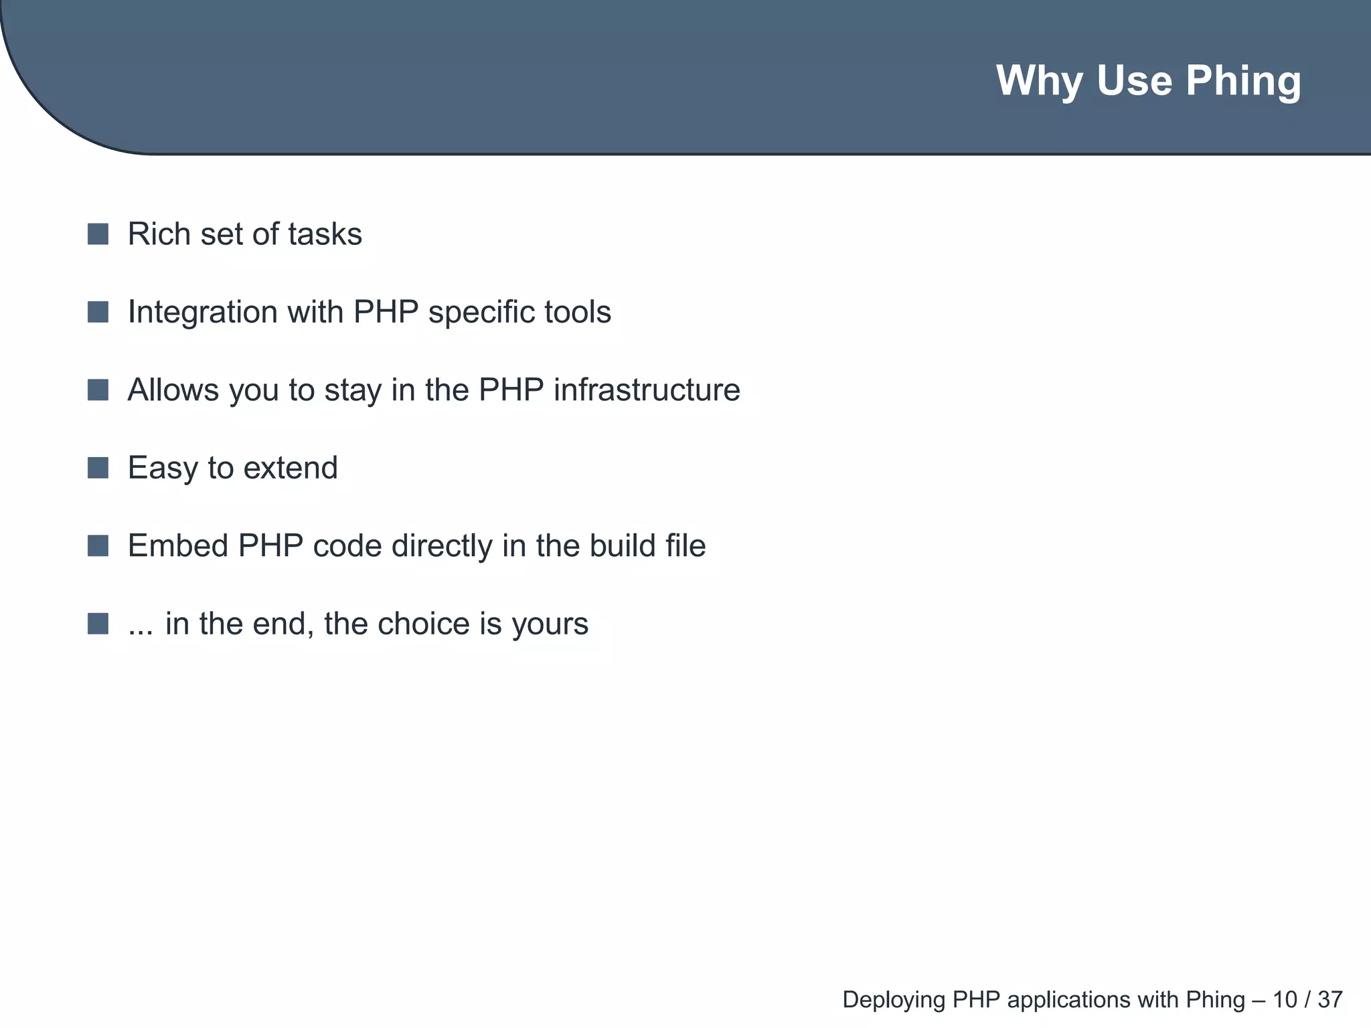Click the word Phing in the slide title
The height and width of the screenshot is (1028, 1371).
coord(1243,82)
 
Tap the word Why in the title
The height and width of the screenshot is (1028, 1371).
coord(1040,81)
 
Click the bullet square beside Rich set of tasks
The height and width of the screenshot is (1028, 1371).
coord(98,234)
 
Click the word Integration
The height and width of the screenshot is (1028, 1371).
coord(202,312)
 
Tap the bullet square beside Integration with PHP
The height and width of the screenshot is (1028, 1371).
coord(98,312)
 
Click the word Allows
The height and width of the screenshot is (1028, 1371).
coord(173,390)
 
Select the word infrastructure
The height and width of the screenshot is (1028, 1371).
coord(647,390)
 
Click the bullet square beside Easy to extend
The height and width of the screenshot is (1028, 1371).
coord(98,468)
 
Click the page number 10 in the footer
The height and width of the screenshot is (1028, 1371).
coord(1285,1000)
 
